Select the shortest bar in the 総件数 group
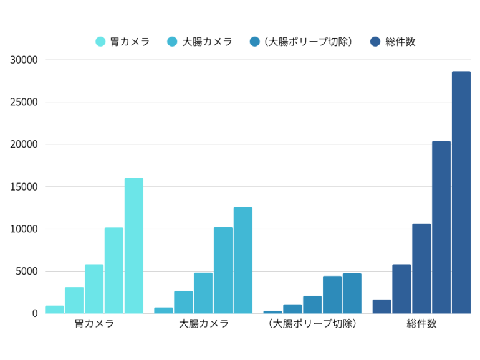[x=382, y=306]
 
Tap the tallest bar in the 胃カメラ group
[x=133, y=245]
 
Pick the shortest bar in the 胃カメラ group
[x=54, y=310]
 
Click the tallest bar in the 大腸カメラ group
[x=242, y=260]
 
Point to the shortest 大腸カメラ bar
[x=163, y=310]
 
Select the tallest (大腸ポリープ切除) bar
[x=352, y=293]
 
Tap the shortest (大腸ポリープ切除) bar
[x=272, y=312]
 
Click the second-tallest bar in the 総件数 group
[x=441, y=227]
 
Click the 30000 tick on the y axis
[x=24, y=60]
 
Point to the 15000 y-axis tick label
[x=24, y=187]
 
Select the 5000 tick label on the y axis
[x=27, y=272]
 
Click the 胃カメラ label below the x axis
[x=94, y=324]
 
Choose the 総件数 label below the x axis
[x=421, y=324]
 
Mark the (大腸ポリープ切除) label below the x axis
[x=312, y=324]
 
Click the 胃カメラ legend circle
[x=100, y=42]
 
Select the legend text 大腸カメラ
[x=207, y=42]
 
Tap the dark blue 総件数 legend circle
[x=375, y=42]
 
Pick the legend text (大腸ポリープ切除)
[x=309, y=42]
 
